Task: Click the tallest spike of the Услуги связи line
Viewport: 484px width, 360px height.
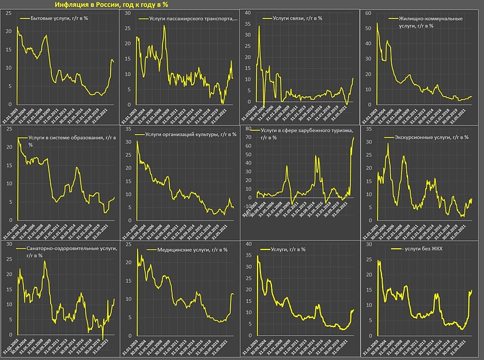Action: (x=259, y=26)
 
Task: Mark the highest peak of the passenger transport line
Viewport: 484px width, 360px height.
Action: (x=164, y=26)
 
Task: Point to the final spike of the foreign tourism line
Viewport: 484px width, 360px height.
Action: (x=353, y=138)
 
